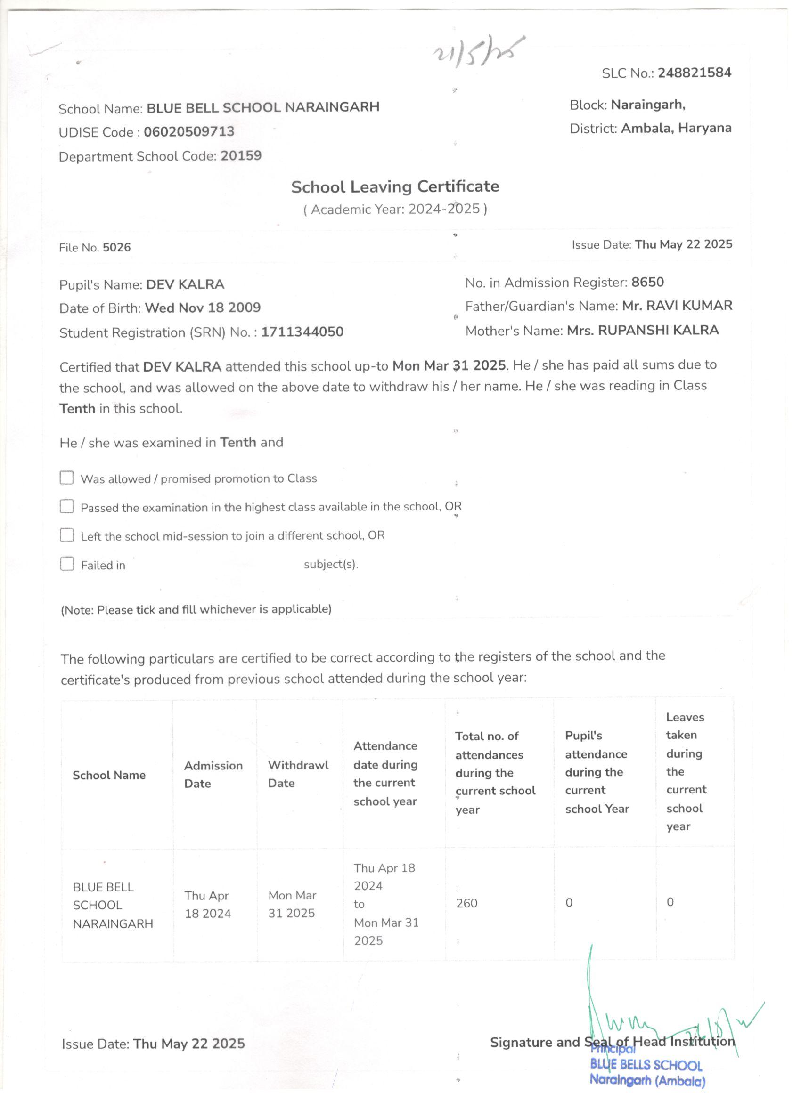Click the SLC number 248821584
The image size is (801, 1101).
694,73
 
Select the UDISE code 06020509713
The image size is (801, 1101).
189,131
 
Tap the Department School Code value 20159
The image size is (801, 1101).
241,156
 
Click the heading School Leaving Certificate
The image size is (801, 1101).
395,186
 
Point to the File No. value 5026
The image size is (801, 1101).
116,248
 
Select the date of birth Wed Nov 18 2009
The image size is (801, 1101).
203,308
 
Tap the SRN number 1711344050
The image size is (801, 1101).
302,332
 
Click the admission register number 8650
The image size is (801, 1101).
647,282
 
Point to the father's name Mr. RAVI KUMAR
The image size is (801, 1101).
677,306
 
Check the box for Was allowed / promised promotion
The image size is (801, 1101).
66,478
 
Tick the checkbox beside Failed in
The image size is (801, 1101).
66,564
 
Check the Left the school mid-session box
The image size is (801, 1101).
66,535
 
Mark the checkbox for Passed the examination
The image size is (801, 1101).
66,506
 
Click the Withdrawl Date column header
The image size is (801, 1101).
298,774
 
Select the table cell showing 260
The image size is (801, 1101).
467,903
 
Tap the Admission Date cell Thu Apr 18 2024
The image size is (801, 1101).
207,904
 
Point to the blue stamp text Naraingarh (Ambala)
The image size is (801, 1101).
647,1081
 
